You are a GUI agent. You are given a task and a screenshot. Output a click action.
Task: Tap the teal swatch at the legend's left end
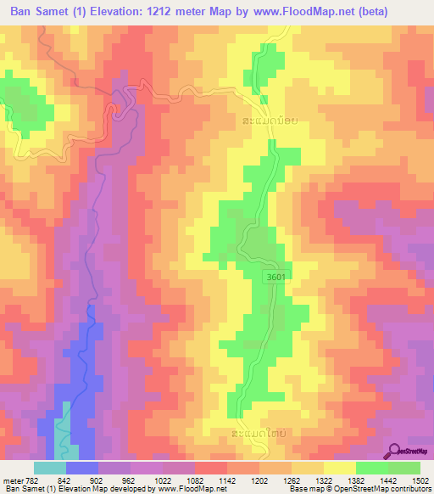50,468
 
